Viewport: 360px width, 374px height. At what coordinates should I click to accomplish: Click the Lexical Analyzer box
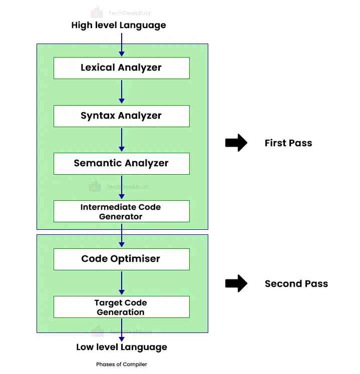[121, 68]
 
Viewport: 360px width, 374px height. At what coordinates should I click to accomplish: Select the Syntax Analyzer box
[121, 116]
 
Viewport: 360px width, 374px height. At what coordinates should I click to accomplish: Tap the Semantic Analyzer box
[121, 163]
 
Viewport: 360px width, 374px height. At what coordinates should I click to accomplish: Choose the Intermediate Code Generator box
[121, 211]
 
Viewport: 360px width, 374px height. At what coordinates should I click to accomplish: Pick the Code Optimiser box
[121, 259]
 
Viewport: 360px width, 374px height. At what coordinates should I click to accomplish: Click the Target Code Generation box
[121, 307]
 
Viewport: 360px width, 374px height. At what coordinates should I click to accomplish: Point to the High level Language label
[119, 25]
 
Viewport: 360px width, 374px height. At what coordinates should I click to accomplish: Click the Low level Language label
[122, 347]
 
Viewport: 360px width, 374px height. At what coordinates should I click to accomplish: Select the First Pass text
[288, 143]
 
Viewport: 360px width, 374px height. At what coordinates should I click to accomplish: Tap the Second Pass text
[296, 284]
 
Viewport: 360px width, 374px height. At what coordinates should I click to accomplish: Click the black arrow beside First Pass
[236, 143]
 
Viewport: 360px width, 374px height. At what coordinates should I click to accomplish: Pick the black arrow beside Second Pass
[236, 284]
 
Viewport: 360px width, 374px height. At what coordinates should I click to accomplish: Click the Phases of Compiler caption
[122, 364]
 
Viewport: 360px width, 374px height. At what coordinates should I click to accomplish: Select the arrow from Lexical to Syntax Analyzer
[121, 92]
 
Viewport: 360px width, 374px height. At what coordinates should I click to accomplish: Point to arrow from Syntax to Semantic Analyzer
[121, 139]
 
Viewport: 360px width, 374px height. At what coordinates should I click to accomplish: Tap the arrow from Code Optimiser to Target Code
[121, 283]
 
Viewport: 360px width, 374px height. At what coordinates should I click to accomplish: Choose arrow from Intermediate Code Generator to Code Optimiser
[121, 235]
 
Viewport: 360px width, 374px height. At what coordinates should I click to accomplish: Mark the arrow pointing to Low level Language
[121, 330]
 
